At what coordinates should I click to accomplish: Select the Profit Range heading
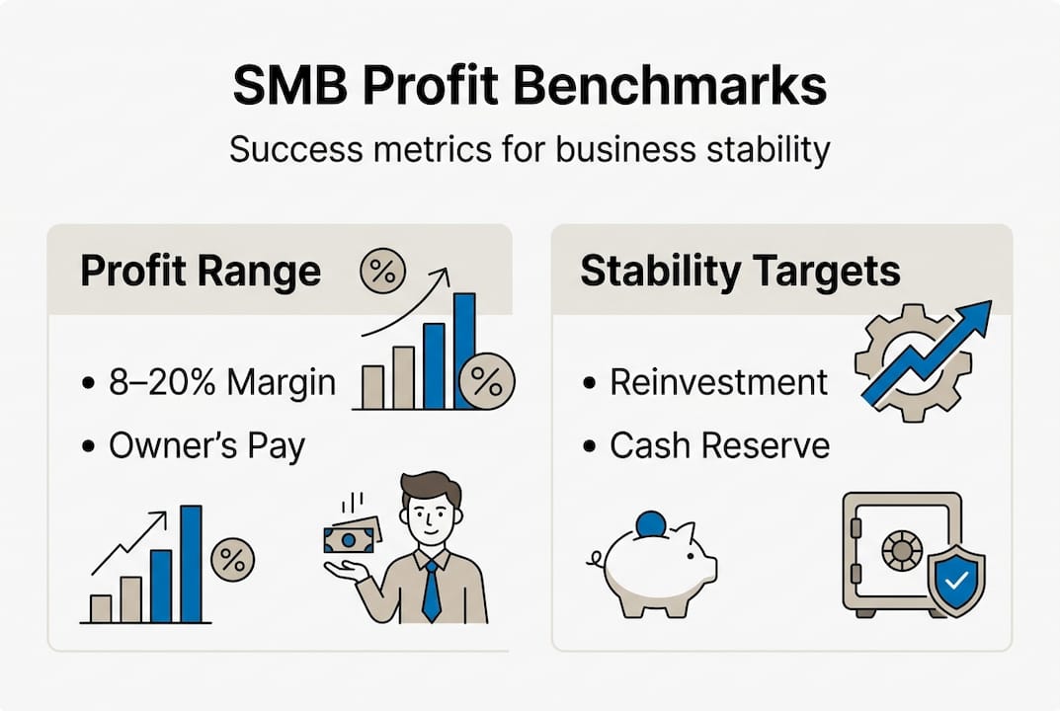click(201, 271)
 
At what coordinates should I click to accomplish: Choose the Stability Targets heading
click(740, 271)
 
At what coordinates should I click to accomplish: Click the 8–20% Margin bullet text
click(222, 381)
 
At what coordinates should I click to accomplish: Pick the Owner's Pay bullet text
click(206, 446)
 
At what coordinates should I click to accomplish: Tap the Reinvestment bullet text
click(718, 381)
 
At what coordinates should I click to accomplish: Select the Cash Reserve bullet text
click(719, 446)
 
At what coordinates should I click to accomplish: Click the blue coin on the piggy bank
click(650, 523)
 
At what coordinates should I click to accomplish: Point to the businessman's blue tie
click(431, 591)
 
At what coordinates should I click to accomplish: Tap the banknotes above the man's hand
click(351, 534)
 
